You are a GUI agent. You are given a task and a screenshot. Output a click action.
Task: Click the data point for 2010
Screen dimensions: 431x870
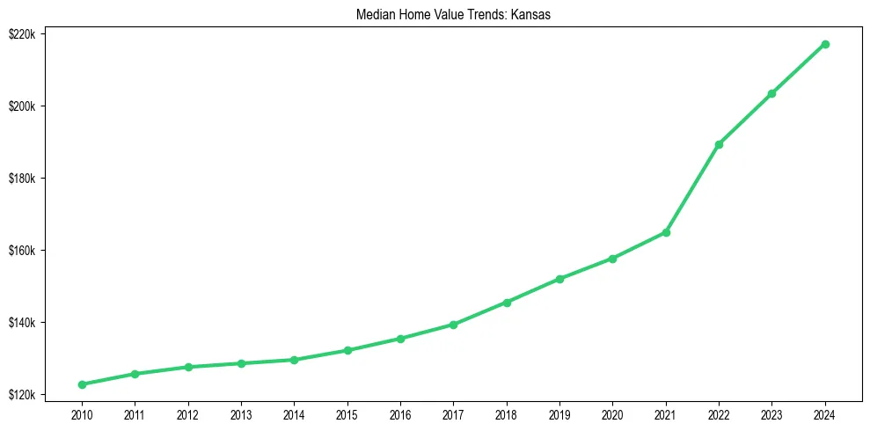pyautogui.click(x=82, y=384)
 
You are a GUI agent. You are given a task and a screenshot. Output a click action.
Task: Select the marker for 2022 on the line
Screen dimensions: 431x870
pyautogui.click(x=719, y=144)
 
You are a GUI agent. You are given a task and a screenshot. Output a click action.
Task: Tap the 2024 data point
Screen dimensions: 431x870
pyautogui.click(x=825, y=44)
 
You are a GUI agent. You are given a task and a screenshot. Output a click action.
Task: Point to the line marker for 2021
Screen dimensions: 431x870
pyautogui.click(x=666, y=232)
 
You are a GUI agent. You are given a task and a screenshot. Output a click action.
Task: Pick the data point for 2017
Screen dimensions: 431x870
pyautogui.click(x=453, y=325)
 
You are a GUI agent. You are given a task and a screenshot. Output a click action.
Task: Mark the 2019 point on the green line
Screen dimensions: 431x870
pyautogui.click(x=559, y=279)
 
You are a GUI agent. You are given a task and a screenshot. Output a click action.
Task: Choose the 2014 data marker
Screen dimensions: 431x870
pyautogui.click(x=294, y=360)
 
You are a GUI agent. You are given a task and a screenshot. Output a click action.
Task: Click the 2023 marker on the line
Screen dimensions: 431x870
pyautogui.click(x=771, y=93)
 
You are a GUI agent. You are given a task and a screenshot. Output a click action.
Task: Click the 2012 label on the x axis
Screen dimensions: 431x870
pyautogui.click(x=188, y=413)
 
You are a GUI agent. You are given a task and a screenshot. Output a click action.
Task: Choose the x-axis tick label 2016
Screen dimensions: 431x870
pyautogui.click(x=400, y=413)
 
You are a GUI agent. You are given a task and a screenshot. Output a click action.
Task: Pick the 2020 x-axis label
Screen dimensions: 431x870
pyautogui.click(x=612, y=413)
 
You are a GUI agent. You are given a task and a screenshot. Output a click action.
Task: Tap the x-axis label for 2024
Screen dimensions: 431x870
pyautogui.click(x=825, y=413)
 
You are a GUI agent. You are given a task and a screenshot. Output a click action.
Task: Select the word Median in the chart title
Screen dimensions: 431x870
pyautogui.click(x=374, y=16)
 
